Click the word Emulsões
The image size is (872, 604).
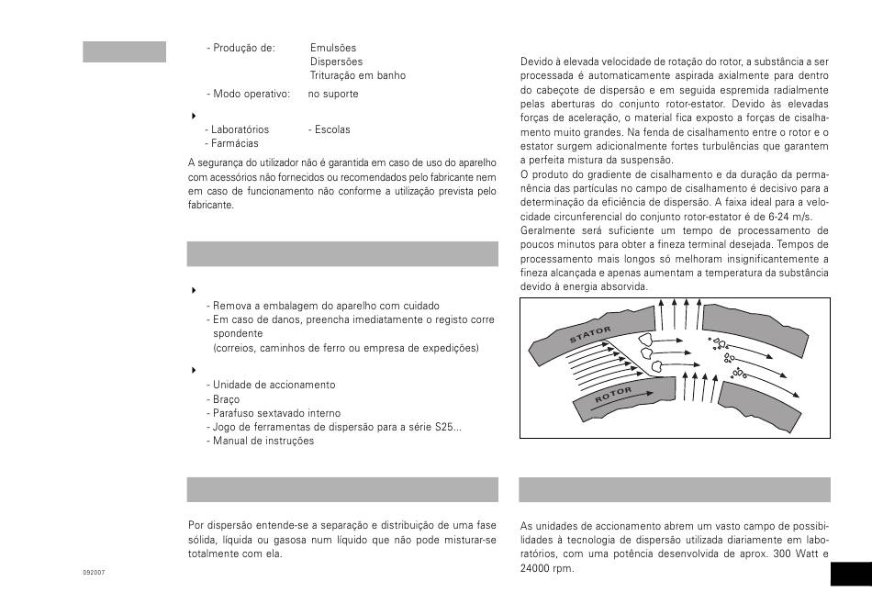[333, 48]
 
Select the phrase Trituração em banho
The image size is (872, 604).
[357, 75]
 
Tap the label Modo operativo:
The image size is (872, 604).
[251, 94]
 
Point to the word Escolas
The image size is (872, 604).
[329, 129]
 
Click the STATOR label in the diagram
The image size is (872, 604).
[590, 334]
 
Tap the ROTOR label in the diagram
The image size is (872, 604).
[613, 395]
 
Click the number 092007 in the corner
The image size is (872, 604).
[94, 572]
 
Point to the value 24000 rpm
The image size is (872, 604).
[546, 568]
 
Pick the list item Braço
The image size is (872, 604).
[227, 399]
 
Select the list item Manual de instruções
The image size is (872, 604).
[263, 441]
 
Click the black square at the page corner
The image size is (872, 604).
[850, 575]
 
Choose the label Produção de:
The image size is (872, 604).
[244, 48]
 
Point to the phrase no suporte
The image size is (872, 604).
[333, 94]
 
